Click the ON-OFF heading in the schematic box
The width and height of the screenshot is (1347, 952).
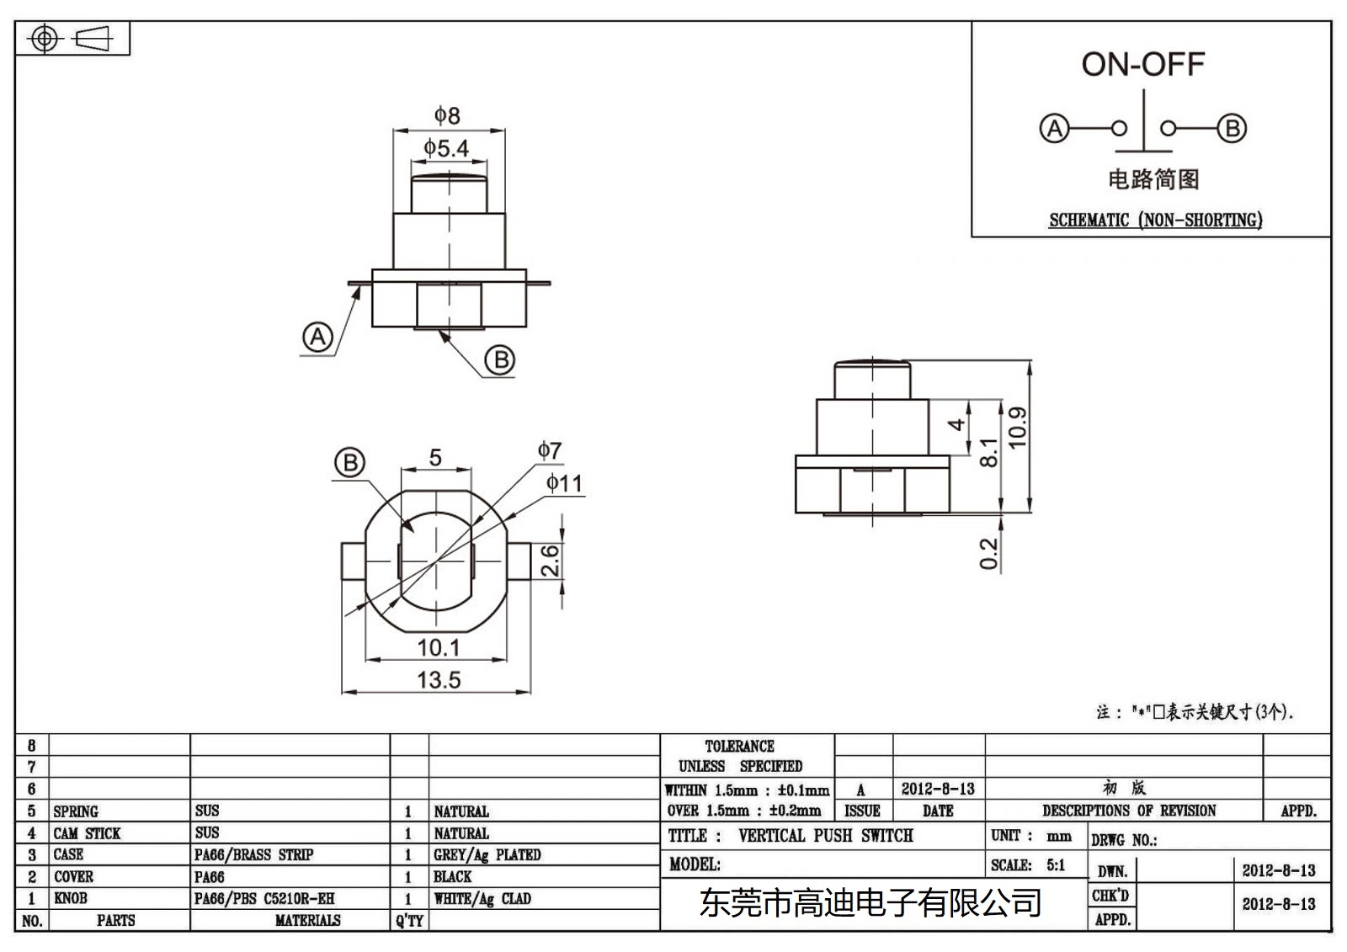tap(1142, 65)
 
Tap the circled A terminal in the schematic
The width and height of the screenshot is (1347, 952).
tap(1054, 129)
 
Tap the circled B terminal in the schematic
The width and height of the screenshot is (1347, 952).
tap(1232, 129)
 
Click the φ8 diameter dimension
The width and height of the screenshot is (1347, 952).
tap(447, 115)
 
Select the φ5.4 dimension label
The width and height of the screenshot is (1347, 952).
tap(446, 149)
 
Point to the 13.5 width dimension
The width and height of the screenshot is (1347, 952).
tap(439, 679)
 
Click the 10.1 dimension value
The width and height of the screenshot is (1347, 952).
tap(439, 647)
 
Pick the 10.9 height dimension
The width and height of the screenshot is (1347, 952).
tap(1017, 428)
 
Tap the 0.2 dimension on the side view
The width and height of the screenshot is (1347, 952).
tap(988, 554)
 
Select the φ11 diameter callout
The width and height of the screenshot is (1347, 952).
tap(563, 483)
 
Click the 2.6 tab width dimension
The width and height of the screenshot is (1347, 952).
tap(549, 561)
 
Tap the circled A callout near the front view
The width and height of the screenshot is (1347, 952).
tap(317, 338)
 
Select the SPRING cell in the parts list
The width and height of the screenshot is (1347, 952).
tap(76, 811)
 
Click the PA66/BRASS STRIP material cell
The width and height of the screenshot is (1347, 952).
tap(253, 855)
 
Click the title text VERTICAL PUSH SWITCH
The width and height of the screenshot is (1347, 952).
tap(825, 836)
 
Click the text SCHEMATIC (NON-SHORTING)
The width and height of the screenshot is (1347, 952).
tap(1155, 221)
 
